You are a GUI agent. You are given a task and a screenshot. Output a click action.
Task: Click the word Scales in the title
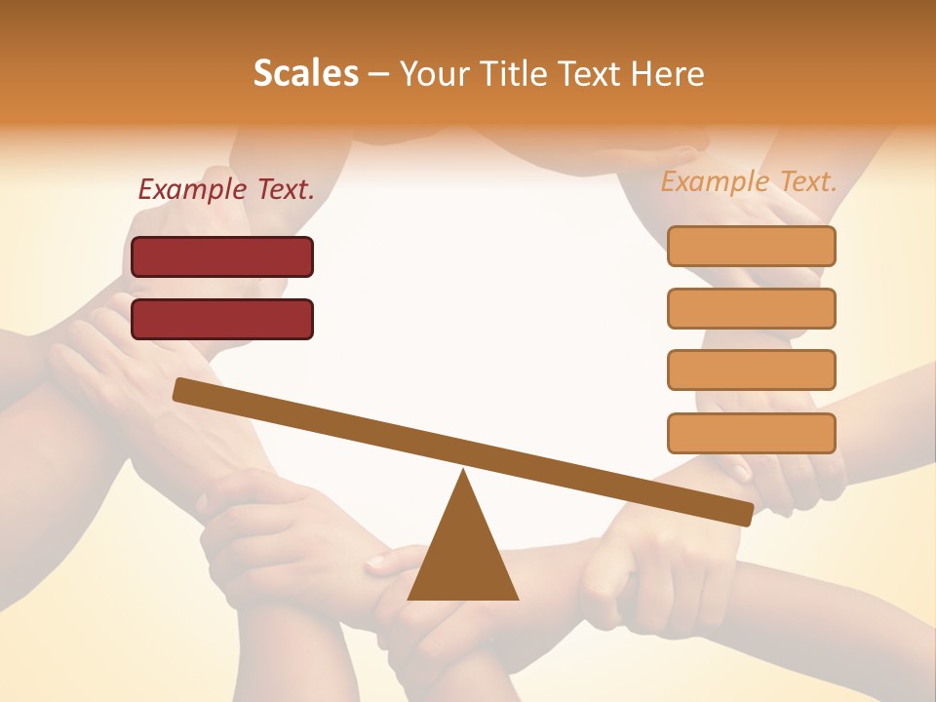click(x=305, y=73)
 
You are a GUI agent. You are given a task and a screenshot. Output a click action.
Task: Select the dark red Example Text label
click(x=226, y=190)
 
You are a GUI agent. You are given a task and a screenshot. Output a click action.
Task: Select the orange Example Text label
click(x=749, y=181)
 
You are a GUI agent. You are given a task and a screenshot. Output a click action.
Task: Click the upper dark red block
click(x=222, y=256)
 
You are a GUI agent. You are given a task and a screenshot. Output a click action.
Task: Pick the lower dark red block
click(x=222, y=319)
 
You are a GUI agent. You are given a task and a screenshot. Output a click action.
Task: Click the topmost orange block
click(x=751, y=246)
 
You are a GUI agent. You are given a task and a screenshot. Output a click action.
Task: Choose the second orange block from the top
click(x=751, y=308)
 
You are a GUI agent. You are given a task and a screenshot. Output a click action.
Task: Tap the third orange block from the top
click(x=751, y=370)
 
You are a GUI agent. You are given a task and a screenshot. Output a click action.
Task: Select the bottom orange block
click(x=751, y=433)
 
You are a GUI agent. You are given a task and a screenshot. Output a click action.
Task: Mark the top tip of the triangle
click(x=464, y=473)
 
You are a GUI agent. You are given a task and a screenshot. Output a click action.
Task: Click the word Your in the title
click(x=435, y=73)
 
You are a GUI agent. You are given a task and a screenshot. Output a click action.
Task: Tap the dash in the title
click(x=379, y=74)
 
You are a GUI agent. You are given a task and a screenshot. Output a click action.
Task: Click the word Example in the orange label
click(x=715, y=181)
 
